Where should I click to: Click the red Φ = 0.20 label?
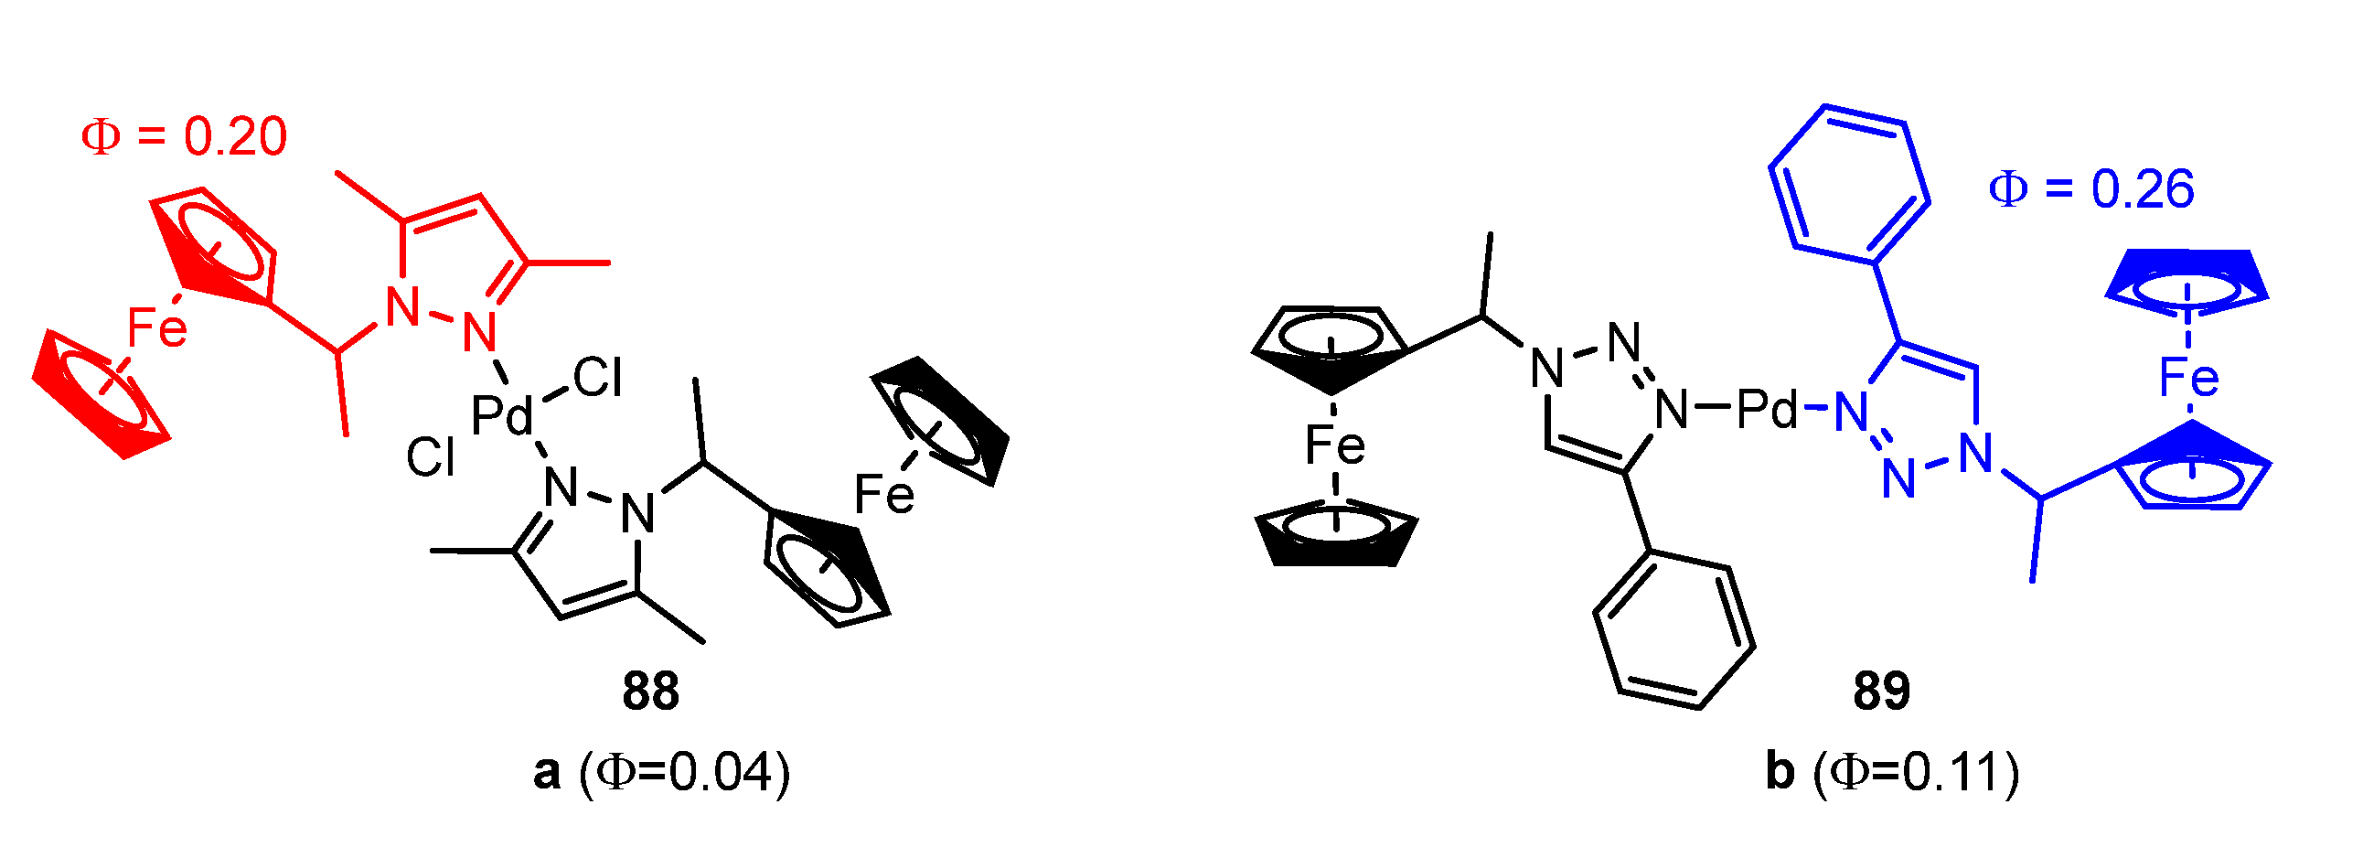[185, 136]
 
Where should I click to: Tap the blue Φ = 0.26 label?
[2090, 189]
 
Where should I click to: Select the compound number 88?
[650, 691]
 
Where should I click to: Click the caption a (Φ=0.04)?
[661, 772]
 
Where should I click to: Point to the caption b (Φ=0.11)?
[1892, 772]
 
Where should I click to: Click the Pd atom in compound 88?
[501, 414]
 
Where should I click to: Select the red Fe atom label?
[157, 327]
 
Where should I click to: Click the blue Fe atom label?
[2188, 377]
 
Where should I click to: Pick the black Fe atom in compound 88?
[884, 494]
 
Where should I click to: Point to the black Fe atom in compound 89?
[1335, 445]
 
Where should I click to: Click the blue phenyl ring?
[1849, 184]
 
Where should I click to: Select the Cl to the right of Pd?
[597, 377]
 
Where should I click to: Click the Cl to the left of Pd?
[430, 456]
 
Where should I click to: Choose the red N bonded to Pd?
[479, 332]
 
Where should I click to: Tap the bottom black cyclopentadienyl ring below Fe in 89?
[1336, 535]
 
